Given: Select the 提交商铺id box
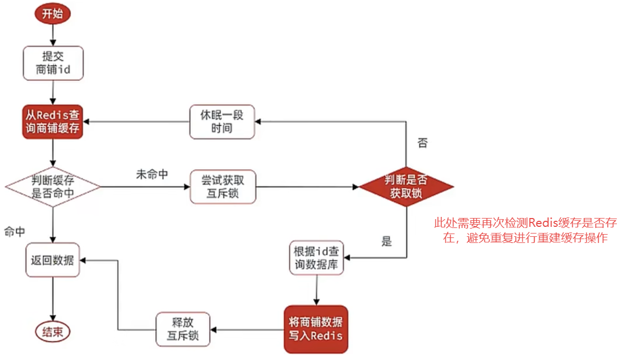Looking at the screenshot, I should tap(53, 63).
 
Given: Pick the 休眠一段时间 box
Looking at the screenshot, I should tap(222, 122).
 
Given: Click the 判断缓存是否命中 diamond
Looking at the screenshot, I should tap(53, 187).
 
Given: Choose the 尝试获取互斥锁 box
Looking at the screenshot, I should tap(222, 187).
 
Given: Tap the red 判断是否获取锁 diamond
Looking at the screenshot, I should tap(406, 187).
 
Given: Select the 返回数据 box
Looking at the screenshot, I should tap(53, 260).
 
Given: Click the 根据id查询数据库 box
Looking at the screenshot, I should tap(317, 258).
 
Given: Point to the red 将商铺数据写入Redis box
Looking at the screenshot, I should tap(315, 329).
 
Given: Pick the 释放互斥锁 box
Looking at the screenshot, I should tap(182, 329).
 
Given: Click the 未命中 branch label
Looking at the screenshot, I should tap(152, 174).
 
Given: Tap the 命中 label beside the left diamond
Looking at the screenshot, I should tap(14, 232).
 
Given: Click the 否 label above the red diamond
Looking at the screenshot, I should tap(422, 143).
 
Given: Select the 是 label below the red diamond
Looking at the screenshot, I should tap(387, 241).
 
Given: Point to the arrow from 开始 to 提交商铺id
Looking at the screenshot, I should tap(53, 34).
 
